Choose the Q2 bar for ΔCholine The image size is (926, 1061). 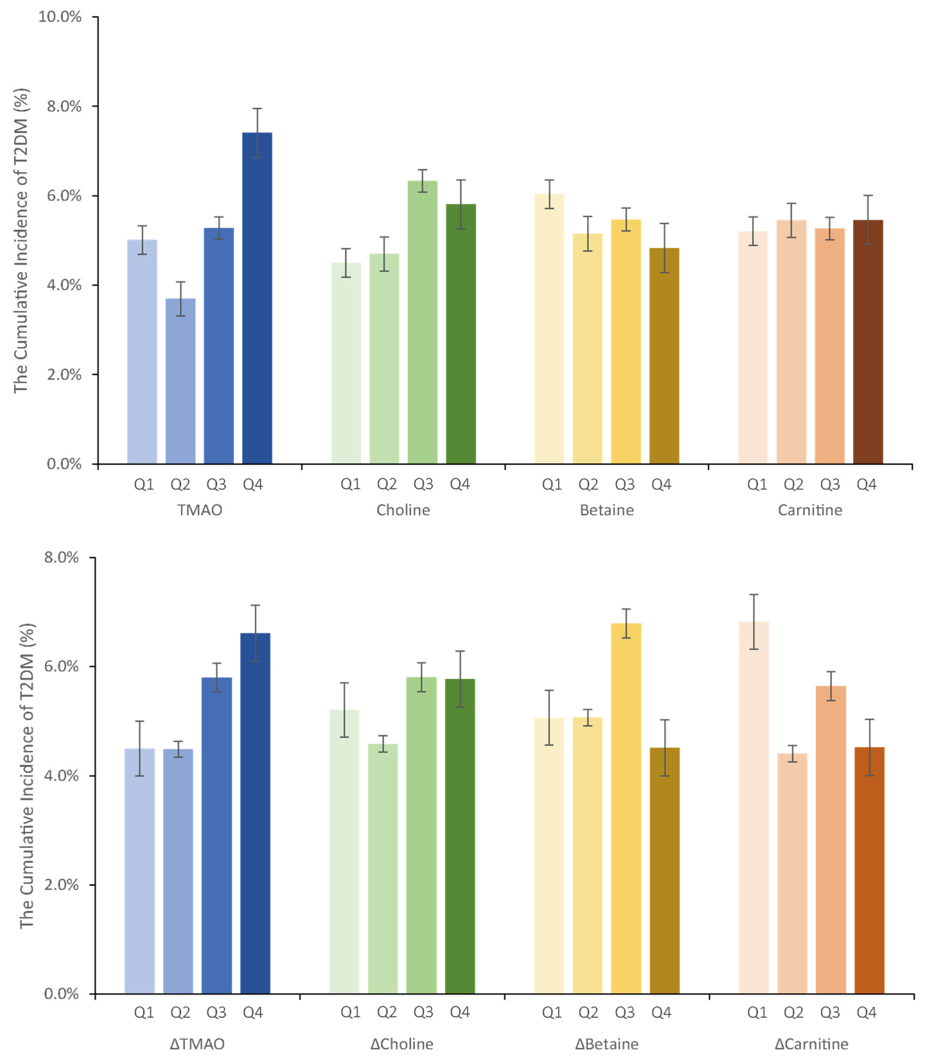[x=383, y=868]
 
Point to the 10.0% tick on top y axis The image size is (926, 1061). [x=60, y=16]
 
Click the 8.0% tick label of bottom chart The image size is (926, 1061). [x=61, y=557]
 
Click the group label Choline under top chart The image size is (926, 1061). [x=403, y=510]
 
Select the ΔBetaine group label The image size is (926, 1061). [x=607, y=1044]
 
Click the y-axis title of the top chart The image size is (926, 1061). [x=21, y=240]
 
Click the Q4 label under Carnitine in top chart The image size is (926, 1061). [x=867, y=484]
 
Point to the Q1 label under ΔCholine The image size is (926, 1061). [x=350, y=1012]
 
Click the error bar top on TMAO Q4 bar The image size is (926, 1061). [x=257, y=108]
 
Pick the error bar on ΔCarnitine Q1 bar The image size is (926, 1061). [x=753, y=621]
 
